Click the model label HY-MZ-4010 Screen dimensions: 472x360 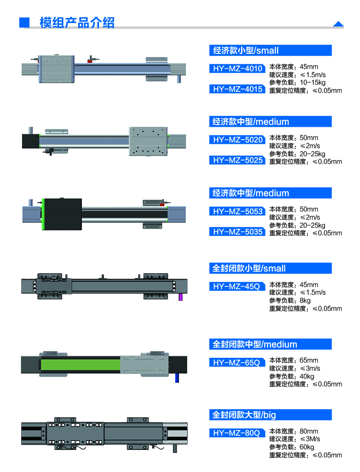238,69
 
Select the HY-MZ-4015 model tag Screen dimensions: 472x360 238,89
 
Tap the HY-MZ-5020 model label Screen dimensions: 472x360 238,140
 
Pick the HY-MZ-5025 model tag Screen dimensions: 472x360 238,160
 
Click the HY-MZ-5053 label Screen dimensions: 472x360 238,211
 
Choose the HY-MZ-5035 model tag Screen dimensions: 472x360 238,232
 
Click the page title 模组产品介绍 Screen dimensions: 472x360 76,22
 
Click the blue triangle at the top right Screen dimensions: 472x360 338,24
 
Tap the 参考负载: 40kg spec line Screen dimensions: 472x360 292,376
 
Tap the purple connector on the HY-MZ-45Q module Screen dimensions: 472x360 181,297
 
